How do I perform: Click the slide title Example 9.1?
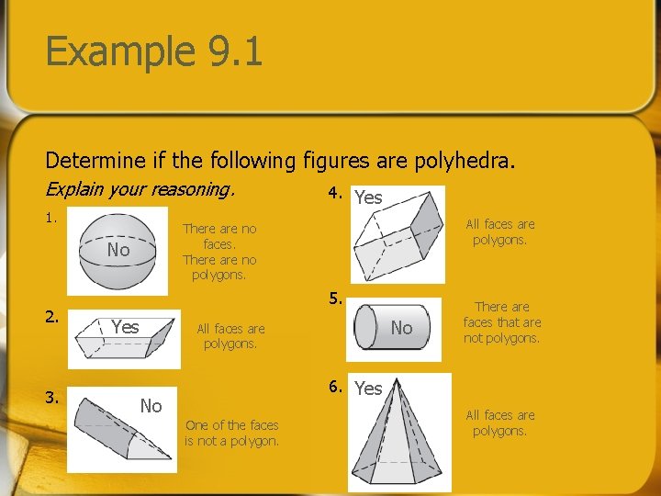pyautogui.click(x=154, y=51)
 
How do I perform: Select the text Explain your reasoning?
pyautogui.click(x=140, y=190)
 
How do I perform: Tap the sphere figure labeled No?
pyautogui.click(x=110, y=250)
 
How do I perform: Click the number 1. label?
pyautogui.click(x=52, y=219)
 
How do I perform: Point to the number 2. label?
pyautogui.click(x=52, y=317)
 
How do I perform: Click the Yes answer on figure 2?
pyautogui.click(x=125, y=327)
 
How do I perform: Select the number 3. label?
pyautogui.click(x=52, y=399)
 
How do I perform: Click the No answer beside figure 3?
pyautogui.click(x=151, y=406)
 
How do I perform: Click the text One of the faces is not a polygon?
pyautogui.click(x=231, y=433)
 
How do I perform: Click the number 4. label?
pyautogui.click(x=336, y=194)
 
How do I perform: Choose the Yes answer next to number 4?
pyautogui.click(x=368, y=197)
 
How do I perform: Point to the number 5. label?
pyautogui.click(x=336, y=298)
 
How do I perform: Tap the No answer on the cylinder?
pyautogui.click(x=402, y=327)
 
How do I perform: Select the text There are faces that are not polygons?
pyautogui.click(x=501, y=322)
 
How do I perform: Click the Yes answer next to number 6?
pyautogui.click(x=368, y=389)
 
